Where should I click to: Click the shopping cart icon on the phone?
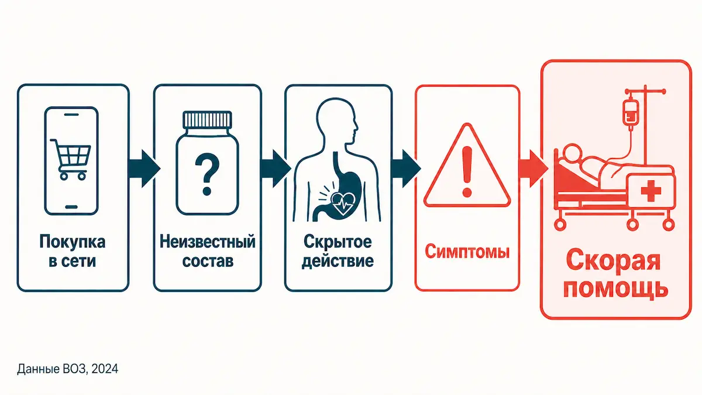coord(71,159)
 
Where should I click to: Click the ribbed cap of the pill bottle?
coord(207,119)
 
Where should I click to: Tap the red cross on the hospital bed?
coord(651,191)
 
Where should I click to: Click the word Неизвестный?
coord(208,242)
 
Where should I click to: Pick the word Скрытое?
coord(338,242)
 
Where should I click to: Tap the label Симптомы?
coord(467,252)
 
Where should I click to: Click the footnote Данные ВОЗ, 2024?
coord(68,369)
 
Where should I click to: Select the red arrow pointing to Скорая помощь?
coord(533,169)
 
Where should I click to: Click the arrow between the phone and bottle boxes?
coord(144,169)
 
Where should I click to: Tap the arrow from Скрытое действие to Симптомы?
coord(406,169)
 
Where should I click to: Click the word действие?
coord(338,262)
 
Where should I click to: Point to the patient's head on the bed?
coord(572,153)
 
